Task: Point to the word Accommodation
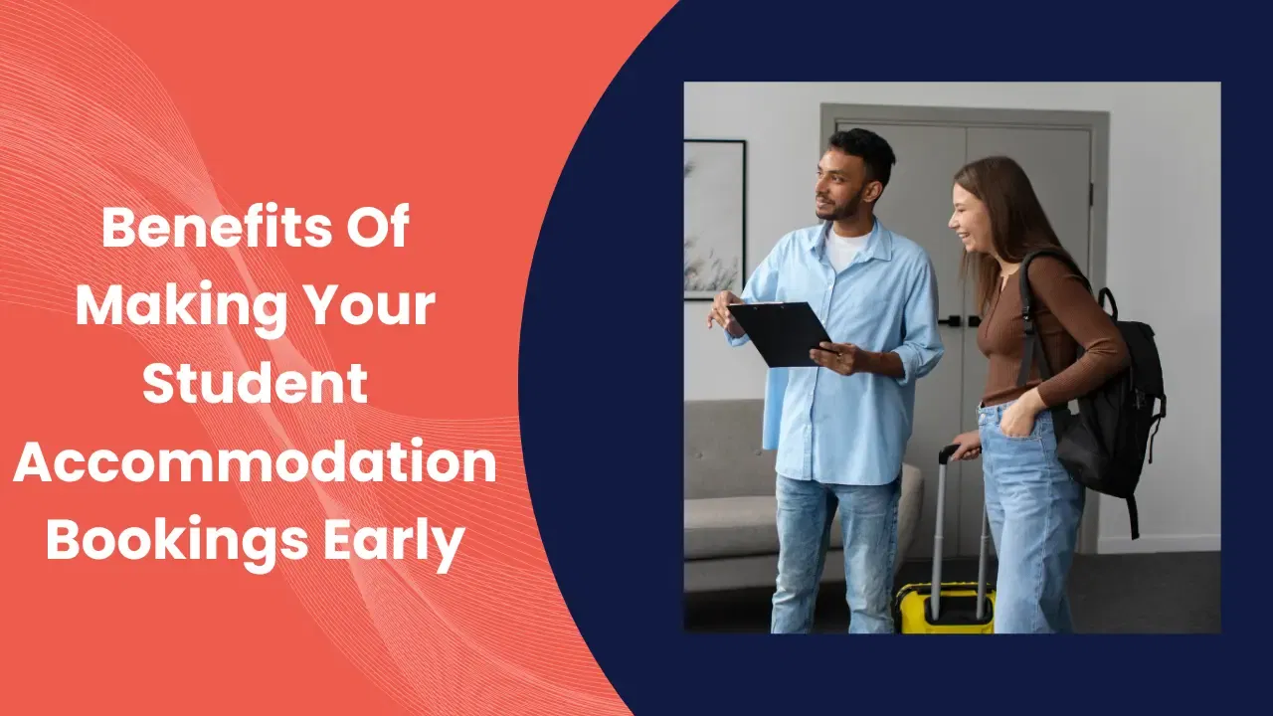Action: tap(256, 459)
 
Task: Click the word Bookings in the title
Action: tap(177, 538)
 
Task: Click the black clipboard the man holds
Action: tap(779, 333)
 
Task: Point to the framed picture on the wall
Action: tap(714, 220)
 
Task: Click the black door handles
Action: tap(960, 321)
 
